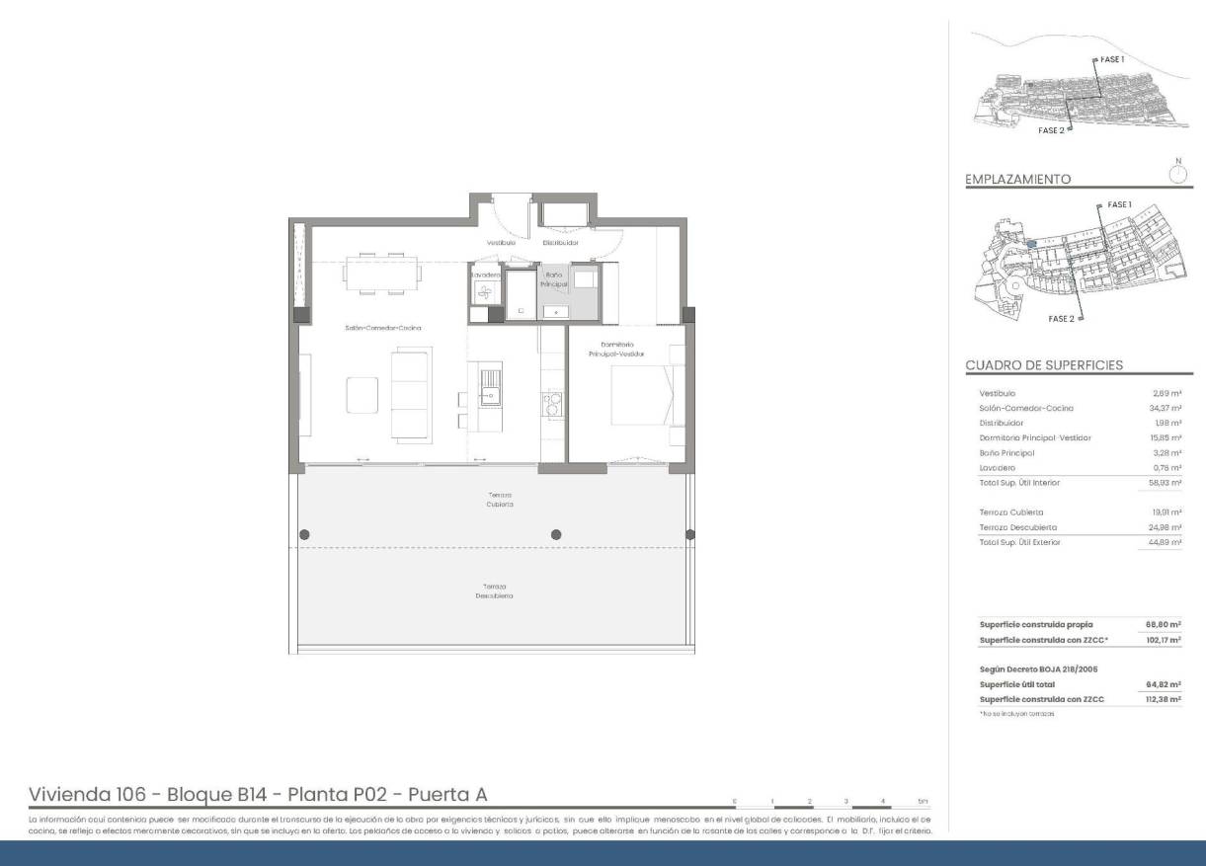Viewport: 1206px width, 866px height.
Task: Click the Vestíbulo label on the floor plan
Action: coord(501,242)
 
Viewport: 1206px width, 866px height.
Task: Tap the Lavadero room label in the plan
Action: coord(485,275)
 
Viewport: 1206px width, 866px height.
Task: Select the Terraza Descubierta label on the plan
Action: coord(494,590)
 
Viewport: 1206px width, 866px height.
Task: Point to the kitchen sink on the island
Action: coord(490,384)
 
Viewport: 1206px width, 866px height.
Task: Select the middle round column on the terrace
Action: coord(556,534)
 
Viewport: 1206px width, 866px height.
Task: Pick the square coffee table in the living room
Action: coord(362,394)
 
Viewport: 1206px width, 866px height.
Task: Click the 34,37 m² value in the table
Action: coord(1167,408)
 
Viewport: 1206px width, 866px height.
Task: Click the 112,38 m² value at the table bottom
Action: coord(1165,699)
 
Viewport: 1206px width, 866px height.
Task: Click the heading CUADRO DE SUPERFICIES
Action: coord(1044,365)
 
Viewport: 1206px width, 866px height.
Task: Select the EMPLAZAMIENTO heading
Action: coord(1017,180)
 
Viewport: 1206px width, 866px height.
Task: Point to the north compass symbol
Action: coord(1177,173)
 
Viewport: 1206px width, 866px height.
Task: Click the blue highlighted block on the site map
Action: coord(1030,243)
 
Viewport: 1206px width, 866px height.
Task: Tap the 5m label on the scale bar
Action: coord(923,801)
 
